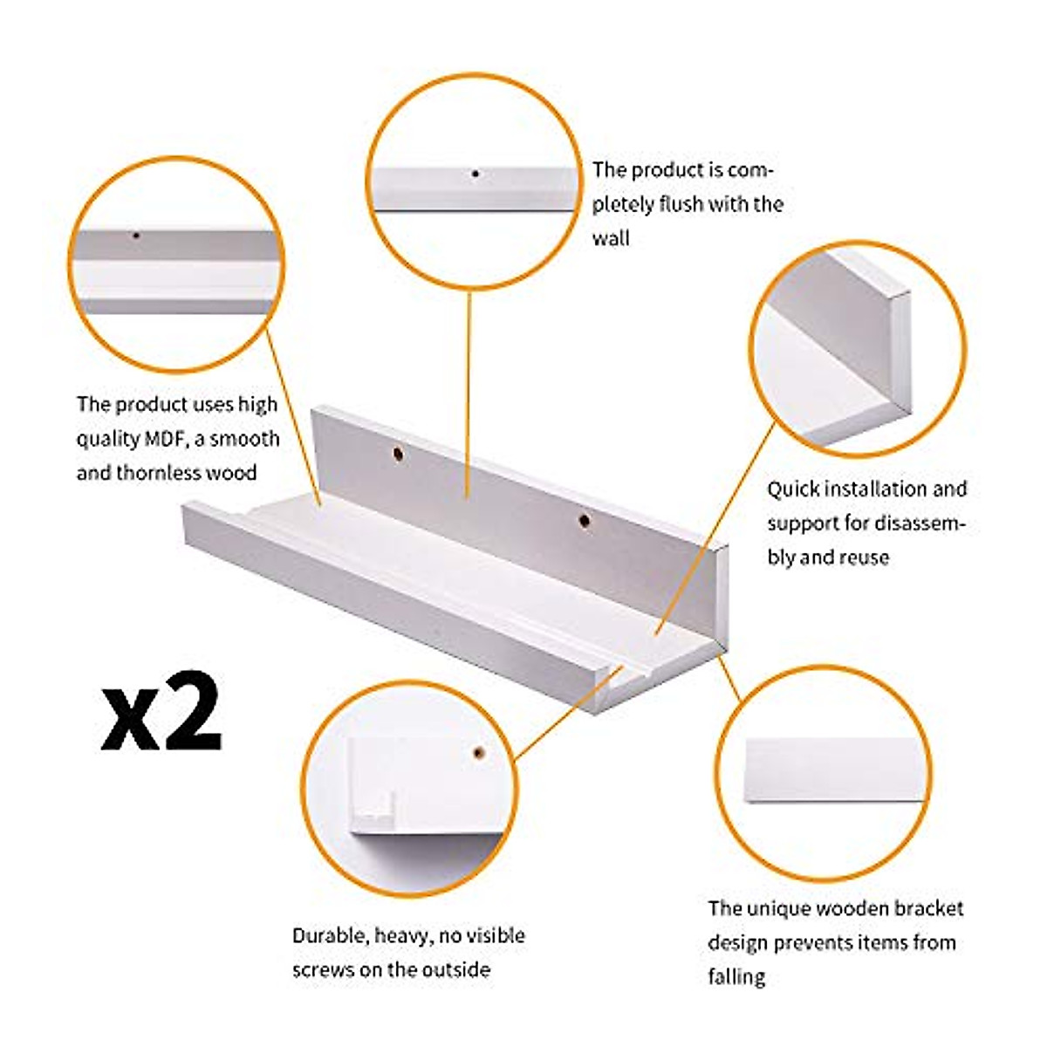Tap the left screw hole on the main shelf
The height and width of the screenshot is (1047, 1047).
tap(398, 455)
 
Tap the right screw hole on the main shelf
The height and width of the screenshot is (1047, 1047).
tap(585, 521)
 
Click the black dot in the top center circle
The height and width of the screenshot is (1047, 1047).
tap(476, 174)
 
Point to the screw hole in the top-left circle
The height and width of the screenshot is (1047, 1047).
tap(136, 235)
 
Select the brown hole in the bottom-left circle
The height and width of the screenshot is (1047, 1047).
tap(479, 751)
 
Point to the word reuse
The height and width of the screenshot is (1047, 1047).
tap(863, 558)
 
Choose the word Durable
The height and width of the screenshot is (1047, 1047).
tap(330, 936)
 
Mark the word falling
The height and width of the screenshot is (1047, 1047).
tap(736, 977)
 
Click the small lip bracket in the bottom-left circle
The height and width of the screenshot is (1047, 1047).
tap(373, 813)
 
